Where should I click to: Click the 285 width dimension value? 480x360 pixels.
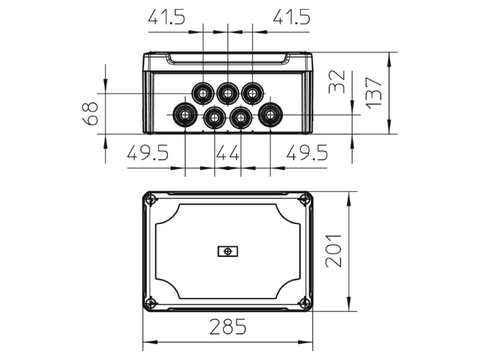pos(228,326)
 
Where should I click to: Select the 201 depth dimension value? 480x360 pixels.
pos(333,251)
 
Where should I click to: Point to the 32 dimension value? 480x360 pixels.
pos(337,82)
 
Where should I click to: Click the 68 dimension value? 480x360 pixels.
pos(90,114)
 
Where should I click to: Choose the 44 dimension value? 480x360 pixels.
pos(228,152)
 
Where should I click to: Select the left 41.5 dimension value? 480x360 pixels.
pos(167,17)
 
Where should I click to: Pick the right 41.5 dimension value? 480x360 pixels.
pos(292,17)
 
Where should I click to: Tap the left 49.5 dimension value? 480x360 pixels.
pos(148,152)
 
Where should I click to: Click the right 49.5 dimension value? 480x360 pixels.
pos(307,152)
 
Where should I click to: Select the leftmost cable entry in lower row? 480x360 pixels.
pos(185,115)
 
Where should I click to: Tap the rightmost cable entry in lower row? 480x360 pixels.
pos(271,115)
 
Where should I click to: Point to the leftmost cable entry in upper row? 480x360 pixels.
pos(203,93)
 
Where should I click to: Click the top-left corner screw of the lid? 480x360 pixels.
pos(151,200)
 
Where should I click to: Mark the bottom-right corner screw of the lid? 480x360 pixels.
pos(305,304)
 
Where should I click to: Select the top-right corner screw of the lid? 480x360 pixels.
pos(305,200)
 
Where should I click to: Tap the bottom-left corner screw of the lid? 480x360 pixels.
pos(151,304)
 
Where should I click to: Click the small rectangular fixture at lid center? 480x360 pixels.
pos(228,251)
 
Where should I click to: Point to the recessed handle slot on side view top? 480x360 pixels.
pos(228,59)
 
